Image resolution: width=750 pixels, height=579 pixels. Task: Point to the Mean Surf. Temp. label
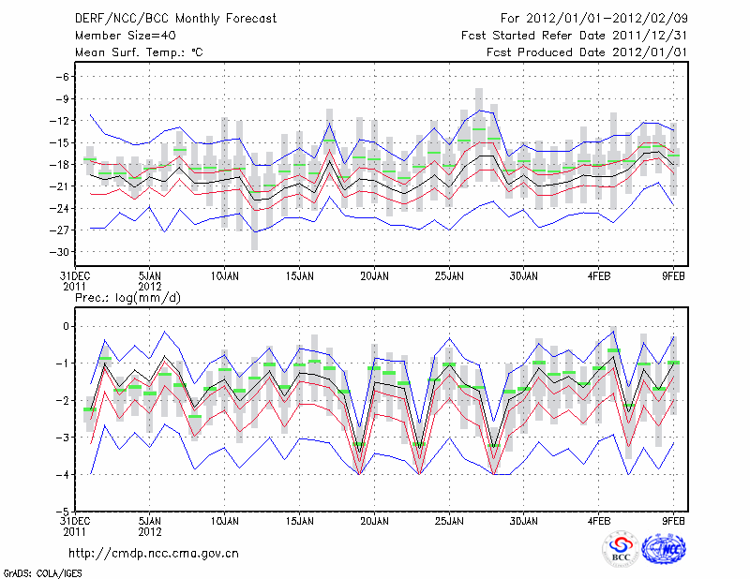pyautogui.click(x=139, y=52)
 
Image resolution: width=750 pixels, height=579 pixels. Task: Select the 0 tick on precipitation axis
pyautogui.click(x=66, y=326)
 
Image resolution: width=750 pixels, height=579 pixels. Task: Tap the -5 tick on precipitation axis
pyautogui.click(x=62, y=512)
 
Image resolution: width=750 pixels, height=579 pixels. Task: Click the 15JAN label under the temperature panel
pyautogui.click(x=299, y=276)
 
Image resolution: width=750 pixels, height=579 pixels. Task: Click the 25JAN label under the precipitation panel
pyautogui.click(x=449, y=519)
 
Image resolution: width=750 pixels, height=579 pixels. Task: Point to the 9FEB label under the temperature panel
pyautogui.click(x=674, y=276)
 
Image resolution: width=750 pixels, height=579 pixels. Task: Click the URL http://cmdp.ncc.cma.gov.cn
pyautogui.click(x=154, y=553)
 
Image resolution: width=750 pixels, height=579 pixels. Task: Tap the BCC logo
pyautogui.click(x=620, y=551)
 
